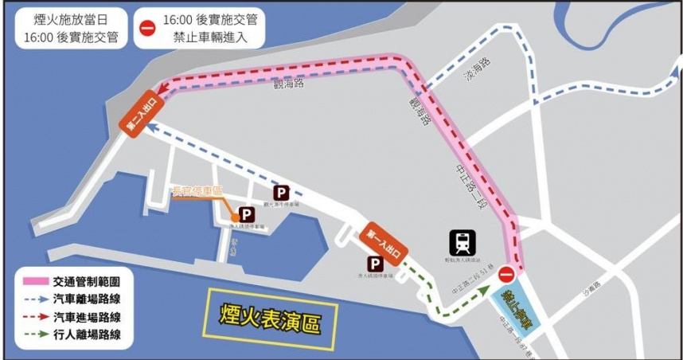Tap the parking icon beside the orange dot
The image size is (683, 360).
click(247, 214)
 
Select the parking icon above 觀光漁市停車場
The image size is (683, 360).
click(281, 193)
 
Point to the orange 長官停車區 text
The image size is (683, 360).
click(197, 190)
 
